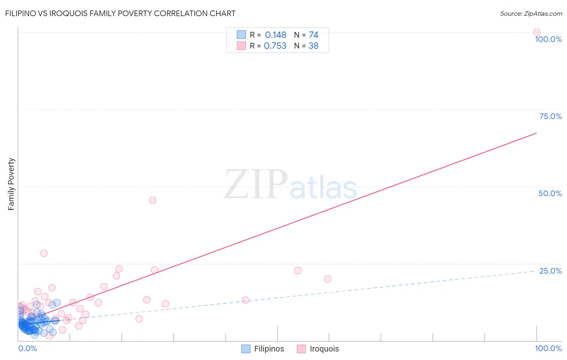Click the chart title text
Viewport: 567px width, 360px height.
pos(120,13)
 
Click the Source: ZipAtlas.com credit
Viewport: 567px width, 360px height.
pos(531,14)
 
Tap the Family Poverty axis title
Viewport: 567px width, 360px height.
pos(11,184)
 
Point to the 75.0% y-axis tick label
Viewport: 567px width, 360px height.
pos(550,116)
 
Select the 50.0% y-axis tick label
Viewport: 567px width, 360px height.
pos(550,193)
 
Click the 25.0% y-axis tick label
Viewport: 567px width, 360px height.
pos(550,271)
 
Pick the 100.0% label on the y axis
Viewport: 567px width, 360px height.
pos(548,39)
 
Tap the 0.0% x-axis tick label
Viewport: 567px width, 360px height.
pos(27,348)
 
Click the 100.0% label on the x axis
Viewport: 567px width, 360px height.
pos(548,348)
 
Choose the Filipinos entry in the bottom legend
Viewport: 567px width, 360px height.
pos(269,349)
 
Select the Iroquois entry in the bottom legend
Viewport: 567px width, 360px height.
pos(324,349)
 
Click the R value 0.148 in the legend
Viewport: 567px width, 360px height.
pos(275,35)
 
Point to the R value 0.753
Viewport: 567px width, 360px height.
pos(275,46)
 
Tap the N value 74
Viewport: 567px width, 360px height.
pos(313,35)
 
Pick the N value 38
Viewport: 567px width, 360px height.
pos(313,46)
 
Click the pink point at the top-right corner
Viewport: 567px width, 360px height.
pos(537,32)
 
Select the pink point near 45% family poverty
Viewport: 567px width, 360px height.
pos(152,200)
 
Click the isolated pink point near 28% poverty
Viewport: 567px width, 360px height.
pos(44,253)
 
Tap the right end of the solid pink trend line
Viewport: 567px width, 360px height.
pos(536,133)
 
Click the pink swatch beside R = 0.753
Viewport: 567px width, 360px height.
pos(241,46)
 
